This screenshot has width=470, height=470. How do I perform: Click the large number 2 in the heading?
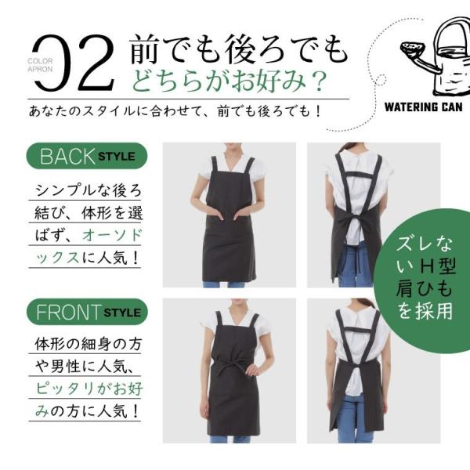(x=96, y=63)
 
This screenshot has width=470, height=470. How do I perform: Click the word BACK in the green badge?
(x=67, y=157)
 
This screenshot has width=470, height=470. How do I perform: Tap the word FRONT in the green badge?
(x=67, y=313)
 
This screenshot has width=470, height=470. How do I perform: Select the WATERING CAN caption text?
(x=423, y=107)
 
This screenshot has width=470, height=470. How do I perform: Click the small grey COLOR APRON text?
(x=40, y=65)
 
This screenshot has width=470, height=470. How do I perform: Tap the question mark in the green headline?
(x=318, y=81)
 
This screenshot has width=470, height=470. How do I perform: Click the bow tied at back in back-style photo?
(x=354, y=220)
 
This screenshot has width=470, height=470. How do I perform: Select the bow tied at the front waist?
(x=229, y=367)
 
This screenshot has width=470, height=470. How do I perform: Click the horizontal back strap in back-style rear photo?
(x=359, y=175)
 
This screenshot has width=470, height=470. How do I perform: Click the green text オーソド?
(x=112, y=235)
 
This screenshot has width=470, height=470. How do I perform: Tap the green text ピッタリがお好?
(x=89, y=389)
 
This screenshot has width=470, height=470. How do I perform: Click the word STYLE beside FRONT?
(x=122, y=313)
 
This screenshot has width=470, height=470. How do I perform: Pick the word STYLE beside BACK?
(x=117, y=157)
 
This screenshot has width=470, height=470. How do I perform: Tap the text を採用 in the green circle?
(x=425, y=312)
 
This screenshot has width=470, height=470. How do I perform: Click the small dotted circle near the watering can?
(x=381, y=79)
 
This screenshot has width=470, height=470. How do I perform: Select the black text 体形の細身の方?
(x=88, y=344)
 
